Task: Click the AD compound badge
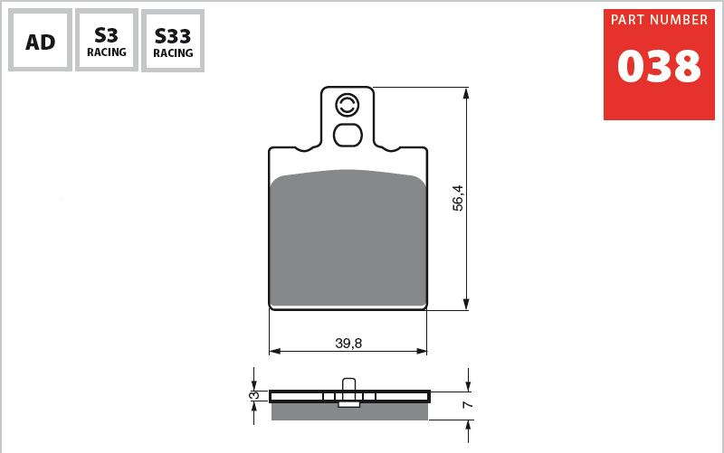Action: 41,41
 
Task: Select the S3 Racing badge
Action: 107,41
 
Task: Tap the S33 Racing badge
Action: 173,42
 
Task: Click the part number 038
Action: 659,67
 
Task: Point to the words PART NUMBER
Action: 659,20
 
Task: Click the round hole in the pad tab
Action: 348,105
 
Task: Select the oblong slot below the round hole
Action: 348,135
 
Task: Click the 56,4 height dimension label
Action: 458,198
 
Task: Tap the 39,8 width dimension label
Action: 348,343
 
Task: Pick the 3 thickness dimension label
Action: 255,395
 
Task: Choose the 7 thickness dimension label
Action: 467,404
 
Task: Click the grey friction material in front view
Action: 348,240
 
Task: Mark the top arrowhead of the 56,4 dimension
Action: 466,92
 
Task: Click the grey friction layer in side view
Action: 349,412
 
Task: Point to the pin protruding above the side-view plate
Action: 348,383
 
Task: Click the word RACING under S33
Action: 173,53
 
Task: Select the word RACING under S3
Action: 107,52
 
